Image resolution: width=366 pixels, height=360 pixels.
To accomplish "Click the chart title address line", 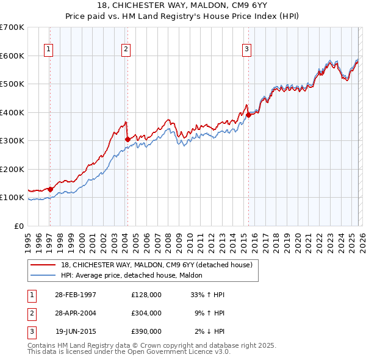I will tap(182, 6).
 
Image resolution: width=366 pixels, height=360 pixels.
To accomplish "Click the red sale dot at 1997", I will tap(50, 189).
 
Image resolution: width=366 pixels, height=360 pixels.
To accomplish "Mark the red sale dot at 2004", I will tap(127, 140).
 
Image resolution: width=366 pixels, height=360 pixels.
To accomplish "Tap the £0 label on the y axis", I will tap(18, 226).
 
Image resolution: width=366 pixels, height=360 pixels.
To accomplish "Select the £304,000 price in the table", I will tap(146, 313).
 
